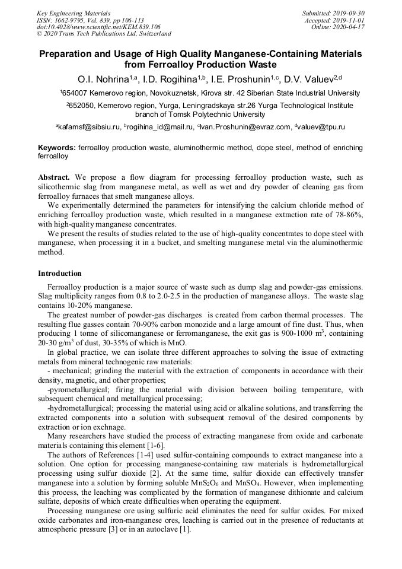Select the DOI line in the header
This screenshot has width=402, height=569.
tap(98, 27)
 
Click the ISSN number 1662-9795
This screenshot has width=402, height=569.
tap(76, 20)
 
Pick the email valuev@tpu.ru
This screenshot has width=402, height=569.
tap(326, 127)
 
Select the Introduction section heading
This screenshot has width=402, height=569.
tap(60, 274)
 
